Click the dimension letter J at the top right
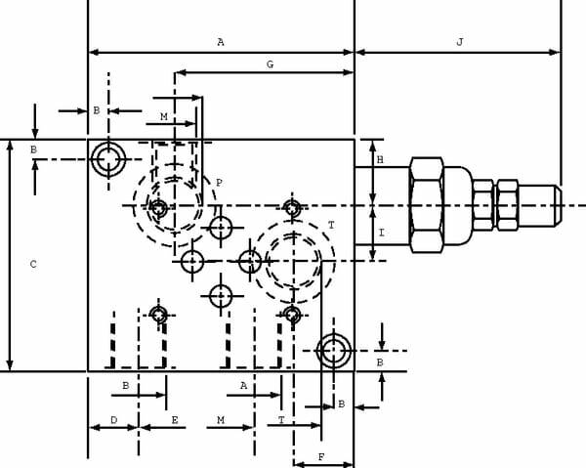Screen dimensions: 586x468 [x=460, y=41]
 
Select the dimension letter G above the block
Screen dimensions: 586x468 [x=270, y=64]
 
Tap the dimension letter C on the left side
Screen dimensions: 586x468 [x=33, y=264]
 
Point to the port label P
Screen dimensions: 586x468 [x=220, y=183]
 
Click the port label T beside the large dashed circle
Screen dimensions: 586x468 [x=331, y=225]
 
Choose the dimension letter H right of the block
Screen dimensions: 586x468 [x=380, y=160]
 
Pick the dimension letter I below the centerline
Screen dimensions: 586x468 [x=381, y=233]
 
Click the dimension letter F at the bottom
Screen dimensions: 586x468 [x=321, y=457]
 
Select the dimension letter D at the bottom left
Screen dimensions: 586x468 [x=114, y=420]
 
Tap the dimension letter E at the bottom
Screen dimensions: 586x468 [x=175, y=420]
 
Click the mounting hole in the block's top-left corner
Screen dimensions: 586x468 [x=108, y=159]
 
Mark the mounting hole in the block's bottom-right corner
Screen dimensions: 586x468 [x=333, y=351]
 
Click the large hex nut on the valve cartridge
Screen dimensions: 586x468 [x=427, y=205]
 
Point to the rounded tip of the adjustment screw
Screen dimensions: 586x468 [x=558, y=205]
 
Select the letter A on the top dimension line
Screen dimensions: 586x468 [x=221, y=42]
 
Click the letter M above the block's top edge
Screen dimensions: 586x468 [x=164, y=116]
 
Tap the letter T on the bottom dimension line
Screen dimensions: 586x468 [x=281, y=420]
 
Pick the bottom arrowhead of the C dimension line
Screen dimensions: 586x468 [x=10, y=364]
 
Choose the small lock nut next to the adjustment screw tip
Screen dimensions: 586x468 [x=508, y=205]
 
